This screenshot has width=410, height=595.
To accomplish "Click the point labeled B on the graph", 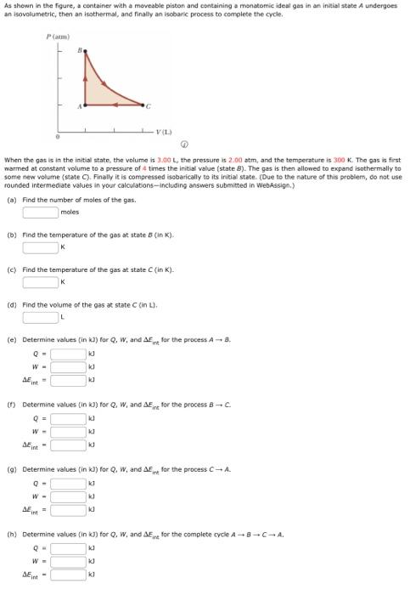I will pos(86,53).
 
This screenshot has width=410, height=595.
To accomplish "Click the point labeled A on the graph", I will pos(86,105).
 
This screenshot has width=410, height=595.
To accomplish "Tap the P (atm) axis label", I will pos(57,37).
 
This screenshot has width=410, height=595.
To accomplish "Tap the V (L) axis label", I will pos(165,131).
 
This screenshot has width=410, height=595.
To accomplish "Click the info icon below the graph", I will pos(198,144).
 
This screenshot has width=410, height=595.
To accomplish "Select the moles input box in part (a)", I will pos(41,212).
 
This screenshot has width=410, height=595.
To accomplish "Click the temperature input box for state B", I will pos(41,247).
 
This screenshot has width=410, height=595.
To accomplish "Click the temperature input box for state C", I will pos(41,282).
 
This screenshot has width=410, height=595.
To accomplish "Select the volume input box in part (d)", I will pos(41,318).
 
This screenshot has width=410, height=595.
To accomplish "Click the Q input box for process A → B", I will pos(69,354).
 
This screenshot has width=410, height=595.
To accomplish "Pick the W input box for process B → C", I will pos(69,432).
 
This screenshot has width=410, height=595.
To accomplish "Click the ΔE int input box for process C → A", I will pos(69,509).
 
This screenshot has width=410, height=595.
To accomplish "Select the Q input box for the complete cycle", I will pos(69,547).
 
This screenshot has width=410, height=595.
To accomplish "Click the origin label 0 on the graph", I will pos(57,136).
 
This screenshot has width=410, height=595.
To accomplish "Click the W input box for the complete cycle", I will pos(69,561).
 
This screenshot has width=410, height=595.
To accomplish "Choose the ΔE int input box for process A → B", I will pos(69,380).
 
